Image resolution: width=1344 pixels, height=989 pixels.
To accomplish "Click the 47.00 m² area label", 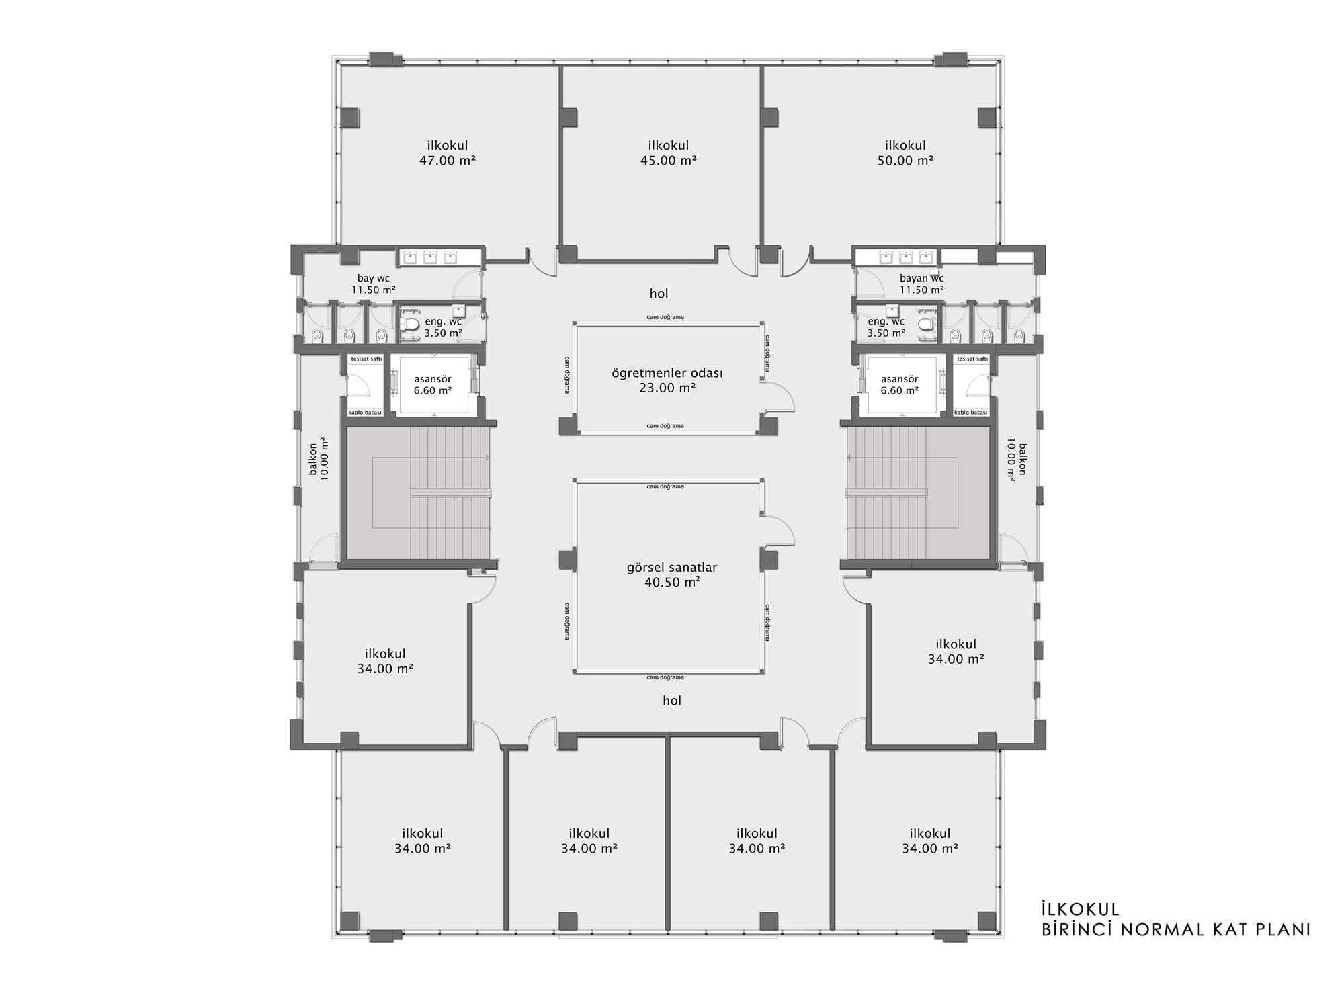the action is coord(448,161).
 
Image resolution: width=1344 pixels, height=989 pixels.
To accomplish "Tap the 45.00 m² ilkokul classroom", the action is coord(662,161).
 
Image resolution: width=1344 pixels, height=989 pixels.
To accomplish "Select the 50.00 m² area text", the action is coord(905,161).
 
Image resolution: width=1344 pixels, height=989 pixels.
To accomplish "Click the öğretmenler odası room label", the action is coord(667,373).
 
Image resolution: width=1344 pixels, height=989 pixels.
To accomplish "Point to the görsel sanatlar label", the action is coord(672,568).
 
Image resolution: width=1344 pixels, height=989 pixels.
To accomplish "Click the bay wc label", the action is coord(373,278).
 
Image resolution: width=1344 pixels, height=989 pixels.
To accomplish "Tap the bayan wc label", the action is coord(921,278).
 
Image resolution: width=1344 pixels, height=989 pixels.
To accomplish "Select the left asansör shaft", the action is coord(433,385).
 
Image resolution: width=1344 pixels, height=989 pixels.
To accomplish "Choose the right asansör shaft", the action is coord(900,385).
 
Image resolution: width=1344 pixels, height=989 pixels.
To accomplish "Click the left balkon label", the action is coord(312,459).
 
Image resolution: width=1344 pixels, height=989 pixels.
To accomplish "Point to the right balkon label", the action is coord(1023,459).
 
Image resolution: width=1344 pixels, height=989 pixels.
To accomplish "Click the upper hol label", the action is coord(659,294).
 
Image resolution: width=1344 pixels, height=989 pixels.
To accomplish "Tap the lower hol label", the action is coord(672,701).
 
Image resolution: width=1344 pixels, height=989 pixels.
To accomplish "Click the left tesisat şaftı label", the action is coord(366,359).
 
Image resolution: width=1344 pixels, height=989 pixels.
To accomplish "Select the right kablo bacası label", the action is coord(970,413).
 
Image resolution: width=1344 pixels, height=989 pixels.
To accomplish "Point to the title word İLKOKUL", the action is coord(1080,909).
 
